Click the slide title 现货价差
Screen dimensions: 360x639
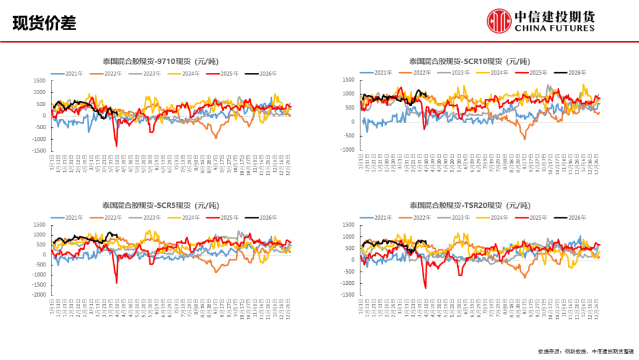pyautogui.click(x=44, y=24)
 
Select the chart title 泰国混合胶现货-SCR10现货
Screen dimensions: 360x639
pyautogui.click(x=469, y=61)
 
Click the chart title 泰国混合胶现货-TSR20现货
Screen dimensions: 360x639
pyautogui.click(x=469, y=206)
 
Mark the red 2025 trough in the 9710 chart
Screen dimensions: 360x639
pyautogui.click(x=117, y=146)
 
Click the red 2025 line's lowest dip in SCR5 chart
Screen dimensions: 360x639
pyautogui.click(x=117, y=283)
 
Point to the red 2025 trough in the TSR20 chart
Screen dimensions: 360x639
pyautogui.click(x=425, y=288)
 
